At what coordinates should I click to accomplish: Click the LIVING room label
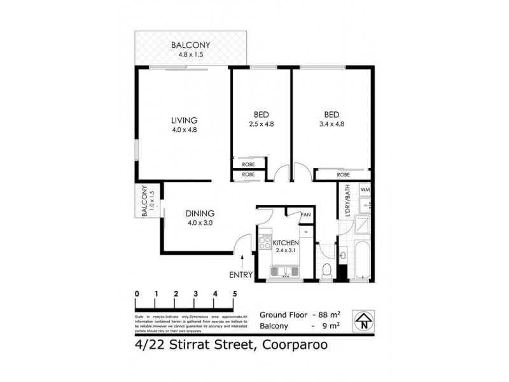click(x=184, y=120)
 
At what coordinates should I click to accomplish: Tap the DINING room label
click(x=200, y=213)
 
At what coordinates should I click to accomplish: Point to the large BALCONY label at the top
click(x=190, y=45)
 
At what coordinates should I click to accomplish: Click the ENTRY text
click(x=241, y=275)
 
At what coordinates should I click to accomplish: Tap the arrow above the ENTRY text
click(x=242, y=260)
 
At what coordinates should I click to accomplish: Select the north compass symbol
click(x=363, y=320)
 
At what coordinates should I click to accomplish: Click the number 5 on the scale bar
click(x=235, y=294)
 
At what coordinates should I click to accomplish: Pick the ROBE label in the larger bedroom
click(x=344, y=174)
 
